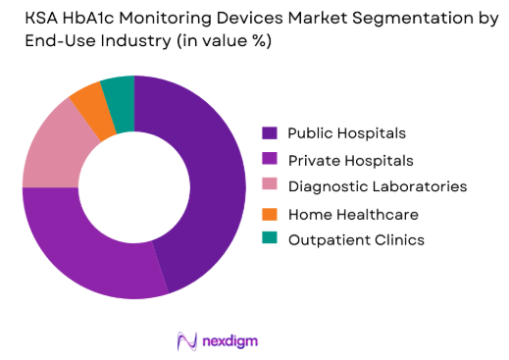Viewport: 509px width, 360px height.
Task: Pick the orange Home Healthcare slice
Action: click(x=86, y=97)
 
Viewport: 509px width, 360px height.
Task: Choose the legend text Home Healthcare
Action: click(x=353, y=213)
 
